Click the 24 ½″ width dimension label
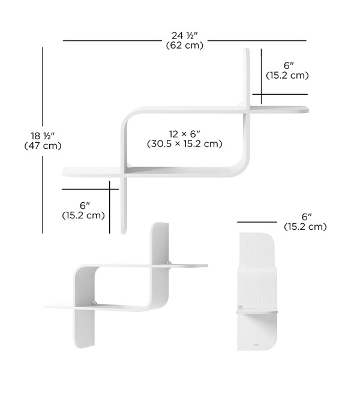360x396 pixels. pyautogui.click(x=184, y=35)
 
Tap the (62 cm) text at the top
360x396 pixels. pyautogui.click(x=184, y=46)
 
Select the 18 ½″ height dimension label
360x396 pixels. pyautogui.click(x=43, y=136)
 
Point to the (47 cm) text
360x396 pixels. pyautogui.click(x=43, y=146)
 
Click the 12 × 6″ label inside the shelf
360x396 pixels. pyautogui.click(x=184, y=134)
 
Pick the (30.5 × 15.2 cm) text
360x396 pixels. pyautogui.click(x=184, y=144)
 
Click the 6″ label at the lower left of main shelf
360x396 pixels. pyautogui.click(x=85, y=206)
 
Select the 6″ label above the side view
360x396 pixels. pyautogui.click(x=307, y=217)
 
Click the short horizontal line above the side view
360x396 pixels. pyautogui.click(x=257, y=222)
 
